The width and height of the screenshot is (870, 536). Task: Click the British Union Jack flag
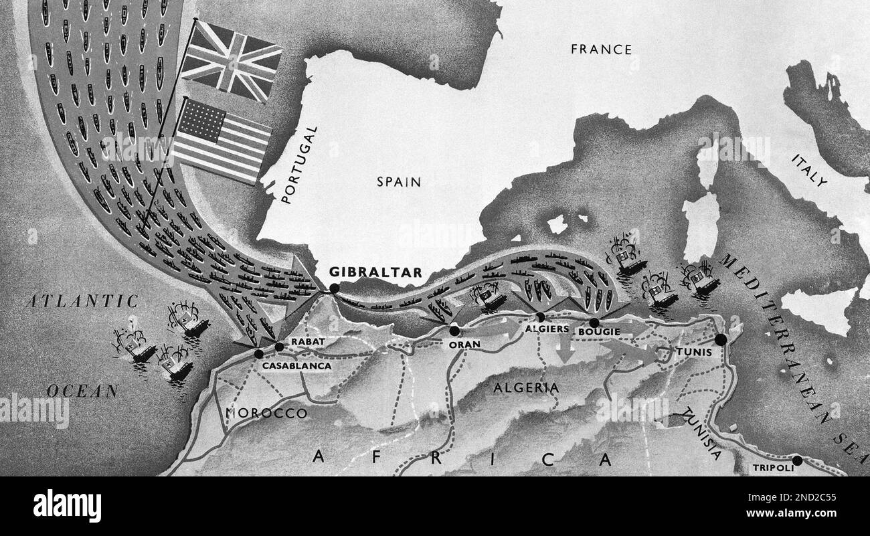[232, 60]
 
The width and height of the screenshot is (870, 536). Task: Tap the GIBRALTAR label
[375, 272]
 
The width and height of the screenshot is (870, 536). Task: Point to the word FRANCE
[601, 49]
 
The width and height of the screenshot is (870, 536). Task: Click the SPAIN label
[398, 181]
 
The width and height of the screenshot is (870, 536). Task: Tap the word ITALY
[809, 170]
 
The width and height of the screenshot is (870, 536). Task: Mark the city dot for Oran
[455, 331]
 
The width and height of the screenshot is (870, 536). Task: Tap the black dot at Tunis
[720, 339]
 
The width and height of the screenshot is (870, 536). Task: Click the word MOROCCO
[266, 413]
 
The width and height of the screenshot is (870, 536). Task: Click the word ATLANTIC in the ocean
[81, 301]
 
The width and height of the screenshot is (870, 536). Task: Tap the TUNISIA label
[700, 435]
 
